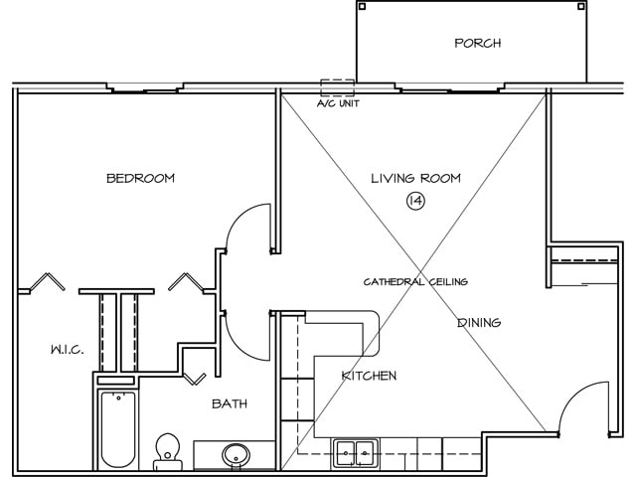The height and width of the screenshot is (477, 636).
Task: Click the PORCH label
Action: [x=477, y=43]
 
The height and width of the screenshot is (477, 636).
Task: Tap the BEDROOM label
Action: [x=140, y=179]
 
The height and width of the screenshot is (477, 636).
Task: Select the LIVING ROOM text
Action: [x=415, y=179]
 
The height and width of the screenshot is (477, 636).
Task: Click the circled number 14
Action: [x=415, y=201]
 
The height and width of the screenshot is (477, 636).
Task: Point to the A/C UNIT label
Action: [x=338, y=103]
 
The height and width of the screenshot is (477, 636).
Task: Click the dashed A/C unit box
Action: [x=338, y=87]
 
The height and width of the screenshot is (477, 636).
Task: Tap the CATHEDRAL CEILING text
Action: [x=415, y=281]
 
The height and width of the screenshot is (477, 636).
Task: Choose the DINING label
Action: [x=479, y=323]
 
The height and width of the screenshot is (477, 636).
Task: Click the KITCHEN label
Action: [x=369, y=376]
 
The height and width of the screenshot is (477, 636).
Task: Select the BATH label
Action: [x=230, y=403]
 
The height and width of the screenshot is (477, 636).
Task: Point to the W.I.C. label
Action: [x=68, y=350]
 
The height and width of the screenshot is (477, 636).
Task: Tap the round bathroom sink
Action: [x=236, y=455]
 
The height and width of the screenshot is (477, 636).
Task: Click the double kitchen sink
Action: [x=356, y=452]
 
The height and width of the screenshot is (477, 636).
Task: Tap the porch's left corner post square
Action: [x=362, y=6]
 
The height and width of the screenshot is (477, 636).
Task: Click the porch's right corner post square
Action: [x=580, y=6]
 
